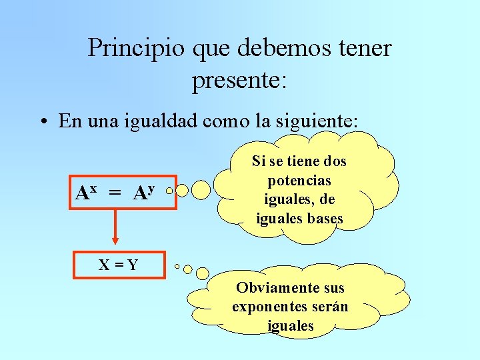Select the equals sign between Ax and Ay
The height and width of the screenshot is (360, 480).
[x=115, y=193]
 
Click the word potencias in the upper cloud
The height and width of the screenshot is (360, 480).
[x=299, y=180]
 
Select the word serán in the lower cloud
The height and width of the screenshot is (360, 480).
[x=332, y=307]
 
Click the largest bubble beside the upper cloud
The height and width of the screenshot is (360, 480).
[x=200, y=191]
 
